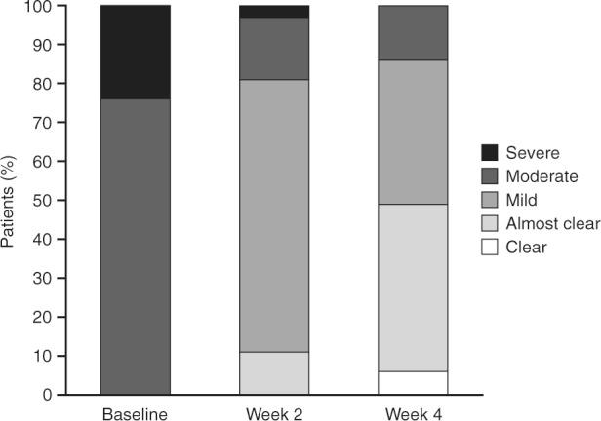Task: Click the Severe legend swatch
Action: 490,153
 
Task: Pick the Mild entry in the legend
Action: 522,200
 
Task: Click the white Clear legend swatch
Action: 490,247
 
